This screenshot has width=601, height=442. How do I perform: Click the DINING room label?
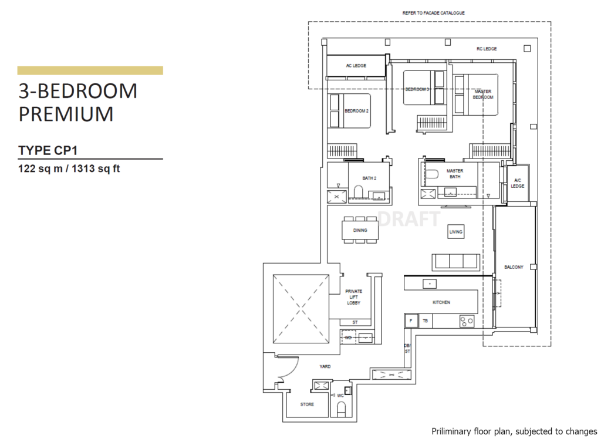(360, 230)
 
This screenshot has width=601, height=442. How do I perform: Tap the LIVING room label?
(456, 232)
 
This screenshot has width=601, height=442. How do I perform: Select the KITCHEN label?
(441, 302)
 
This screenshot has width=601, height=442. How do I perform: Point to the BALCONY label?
(514, 268)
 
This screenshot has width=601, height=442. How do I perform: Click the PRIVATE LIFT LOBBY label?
(354, 296)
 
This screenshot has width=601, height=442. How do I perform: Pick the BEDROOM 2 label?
(356, 110)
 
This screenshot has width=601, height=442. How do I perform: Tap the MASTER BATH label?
(454, 174)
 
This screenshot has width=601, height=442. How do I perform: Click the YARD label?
(325, 366)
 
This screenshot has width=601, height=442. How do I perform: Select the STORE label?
(307, 404)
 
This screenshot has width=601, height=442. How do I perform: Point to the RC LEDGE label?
(487, 49)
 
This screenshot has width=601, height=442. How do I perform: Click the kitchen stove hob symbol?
(467, 321)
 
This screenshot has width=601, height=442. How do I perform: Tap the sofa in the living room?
(455, 261)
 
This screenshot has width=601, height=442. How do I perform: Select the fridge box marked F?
(410, 321)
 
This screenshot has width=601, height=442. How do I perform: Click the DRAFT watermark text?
(410, 219)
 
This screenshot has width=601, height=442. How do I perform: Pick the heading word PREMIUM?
(66, 113)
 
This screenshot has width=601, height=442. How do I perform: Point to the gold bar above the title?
(90, 70)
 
